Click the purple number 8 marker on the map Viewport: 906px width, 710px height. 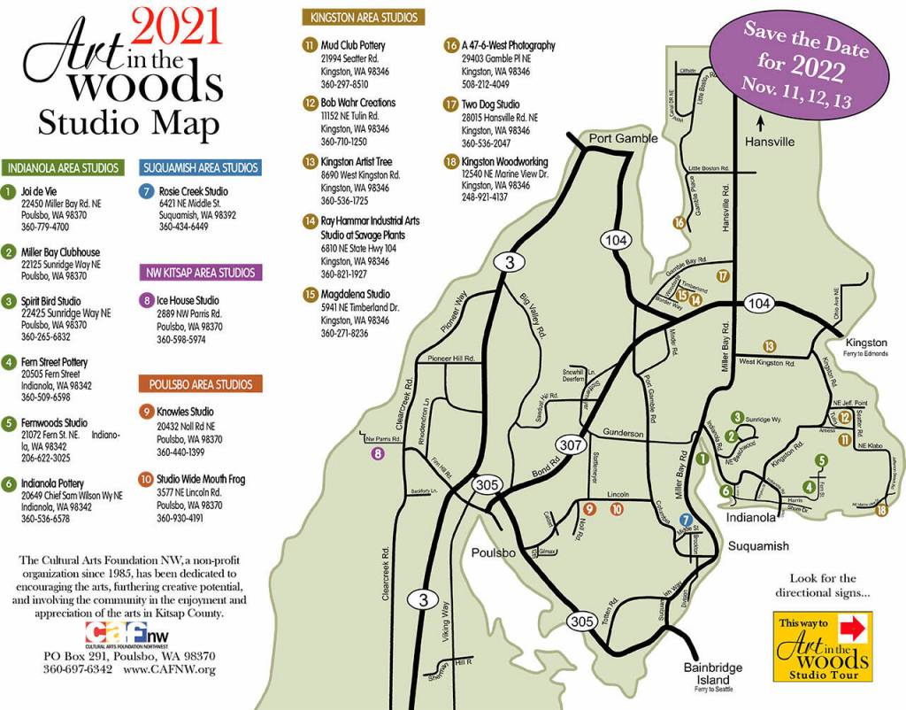coord(378,454)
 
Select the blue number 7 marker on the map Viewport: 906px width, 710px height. coord(685,521)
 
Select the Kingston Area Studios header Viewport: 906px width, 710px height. coord(364,17)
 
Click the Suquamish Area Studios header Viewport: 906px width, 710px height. coord(200,167)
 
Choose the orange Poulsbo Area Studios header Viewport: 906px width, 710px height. coord(200,384)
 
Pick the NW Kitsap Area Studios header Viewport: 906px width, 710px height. coord(200,273)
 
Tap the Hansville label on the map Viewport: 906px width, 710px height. coord(769,142)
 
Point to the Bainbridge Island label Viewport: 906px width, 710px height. coord(713,672)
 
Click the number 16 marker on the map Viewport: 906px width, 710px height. coord(679,223)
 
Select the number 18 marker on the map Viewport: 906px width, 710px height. coord(881,510)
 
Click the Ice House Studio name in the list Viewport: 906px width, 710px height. coord(188,301)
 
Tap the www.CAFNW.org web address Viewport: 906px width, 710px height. coord(169,669)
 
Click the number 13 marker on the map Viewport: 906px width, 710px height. coord(770,345)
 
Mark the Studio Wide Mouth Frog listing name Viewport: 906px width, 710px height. coord(201,480)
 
